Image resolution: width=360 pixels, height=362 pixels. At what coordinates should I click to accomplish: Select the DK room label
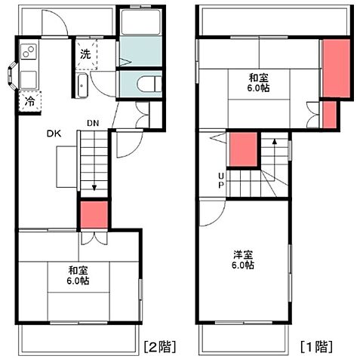[x=54, y=134]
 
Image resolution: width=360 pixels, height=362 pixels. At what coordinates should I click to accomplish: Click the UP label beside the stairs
[x=221, y=181]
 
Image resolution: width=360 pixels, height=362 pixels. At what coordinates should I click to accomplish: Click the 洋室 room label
[x=242, y=254]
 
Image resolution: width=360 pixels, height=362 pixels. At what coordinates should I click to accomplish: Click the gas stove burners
[x=29, y=53]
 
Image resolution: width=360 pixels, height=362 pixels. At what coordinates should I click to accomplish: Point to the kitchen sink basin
[x=29, y=78]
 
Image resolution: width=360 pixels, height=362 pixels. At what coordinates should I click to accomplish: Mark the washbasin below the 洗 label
[x=83, y=84]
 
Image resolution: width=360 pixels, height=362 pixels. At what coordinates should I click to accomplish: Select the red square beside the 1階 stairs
[x=243, y=150]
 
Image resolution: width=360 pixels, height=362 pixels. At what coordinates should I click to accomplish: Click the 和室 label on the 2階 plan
[x=78, y=270]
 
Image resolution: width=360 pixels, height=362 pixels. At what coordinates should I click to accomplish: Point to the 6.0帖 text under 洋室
[x=242, y=265]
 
